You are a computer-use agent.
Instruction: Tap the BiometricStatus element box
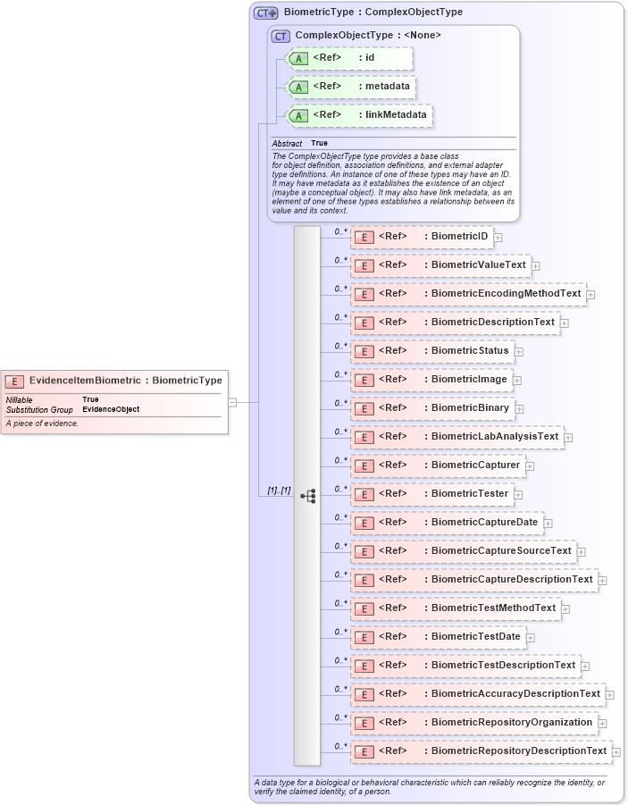point(431,351)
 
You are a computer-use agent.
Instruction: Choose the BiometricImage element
point(431,380)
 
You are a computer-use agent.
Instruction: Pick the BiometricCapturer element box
point(437,465)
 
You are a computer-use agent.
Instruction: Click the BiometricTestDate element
point(437,637)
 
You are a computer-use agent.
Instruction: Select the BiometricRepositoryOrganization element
point(473,723)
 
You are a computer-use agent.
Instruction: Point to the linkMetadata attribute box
point(358,115)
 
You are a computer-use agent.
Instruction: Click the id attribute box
point(348,58)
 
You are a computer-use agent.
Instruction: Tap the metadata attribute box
point(350,87)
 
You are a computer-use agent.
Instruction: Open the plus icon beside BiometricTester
point(518,495)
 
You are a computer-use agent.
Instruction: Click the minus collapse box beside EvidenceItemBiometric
point(232,402)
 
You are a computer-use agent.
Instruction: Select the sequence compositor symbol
point(308,495)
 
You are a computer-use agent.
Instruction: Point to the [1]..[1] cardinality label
point(279,491)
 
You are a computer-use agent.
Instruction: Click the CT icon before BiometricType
point(265,13)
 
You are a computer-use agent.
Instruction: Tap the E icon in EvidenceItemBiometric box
point(15,381)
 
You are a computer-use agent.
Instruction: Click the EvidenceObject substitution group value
point(111,409)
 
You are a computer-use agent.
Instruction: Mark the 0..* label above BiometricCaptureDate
point(340,517)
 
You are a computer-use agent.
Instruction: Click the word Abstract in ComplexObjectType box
point(287,143)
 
